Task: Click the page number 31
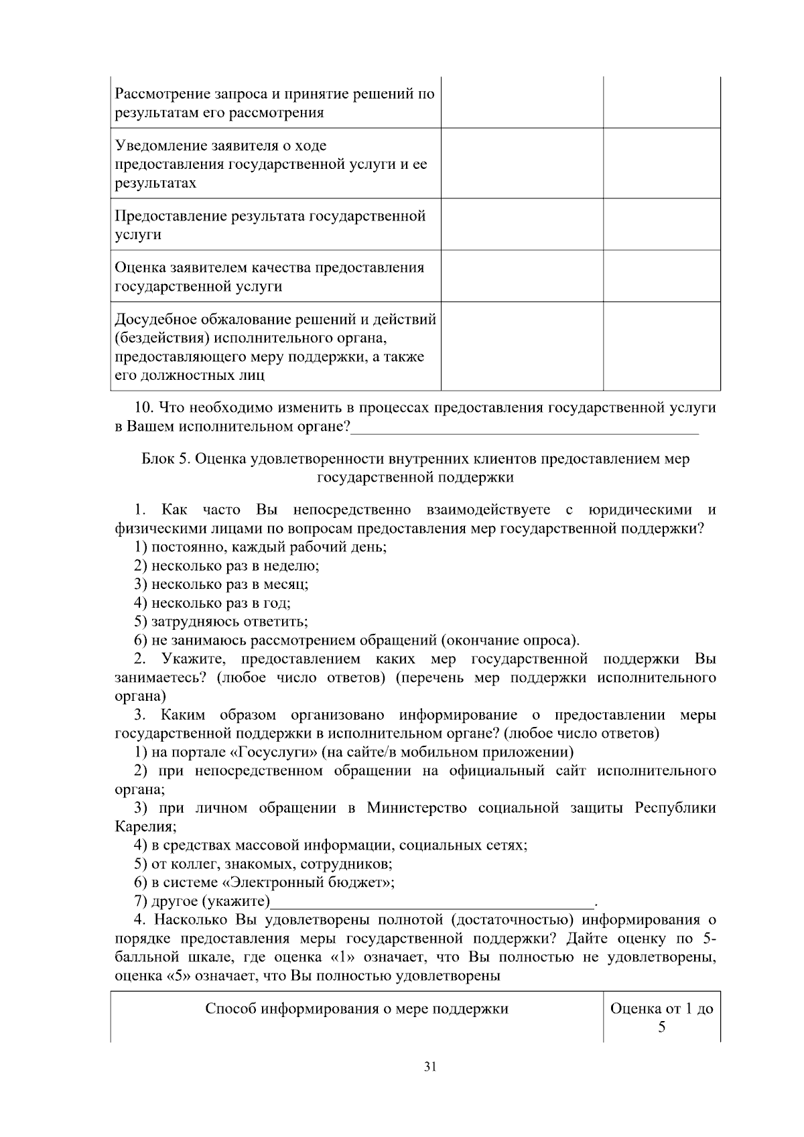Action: click(431, 1067)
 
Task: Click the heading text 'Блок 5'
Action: click(167, 459)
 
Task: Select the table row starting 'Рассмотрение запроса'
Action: click(275, 103)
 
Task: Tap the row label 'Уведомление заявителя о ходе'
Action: click(221, 145)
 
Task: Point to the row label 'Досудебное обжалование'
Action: click(275, 319)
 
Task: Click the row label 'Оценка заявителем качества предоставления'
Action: click(269, 268)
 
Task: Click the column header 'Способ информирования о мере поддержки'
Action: click(356, 1009)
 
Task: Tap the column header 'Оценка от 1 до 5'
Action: click(661, 1018)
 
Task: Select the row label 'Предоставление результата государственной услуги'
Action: click(270, 225)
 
